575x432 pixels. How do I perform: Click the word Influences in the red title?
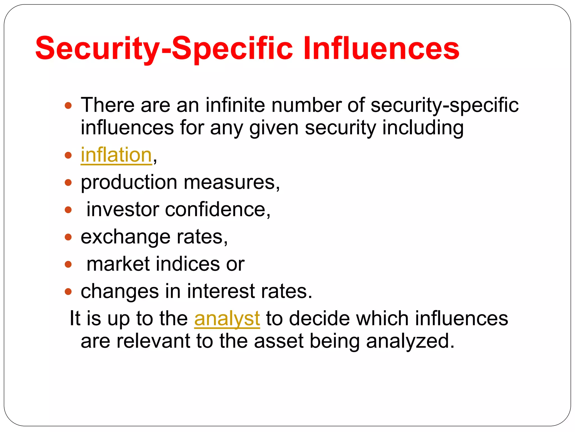pos(381,48)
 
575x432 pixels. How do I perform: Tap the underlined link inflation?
pos(116,155)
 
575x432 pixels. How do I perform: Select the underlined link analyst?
pos(227,319)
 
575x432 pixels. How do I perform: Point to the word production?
pos(129,183)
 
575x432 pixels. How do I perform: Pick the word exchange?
pos(125,237)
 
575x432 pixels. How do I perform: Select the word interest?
pos(221,291)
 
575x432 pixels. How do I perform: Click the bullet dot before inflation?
pos(68,155)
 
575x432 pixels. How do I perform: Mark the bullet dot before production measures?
pos(68,183)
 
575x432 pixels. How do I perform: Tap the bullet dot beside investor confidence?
pos(68,210)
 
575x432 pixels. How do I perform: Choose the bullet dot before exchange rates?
pos(68,237)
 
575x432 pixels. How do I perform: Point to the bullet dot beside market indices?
pos(68,264)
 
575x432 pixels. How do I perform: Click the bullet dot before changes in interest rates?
pos(68,291)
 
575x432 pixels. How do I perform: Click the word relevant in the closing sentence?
pos(153,341)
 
